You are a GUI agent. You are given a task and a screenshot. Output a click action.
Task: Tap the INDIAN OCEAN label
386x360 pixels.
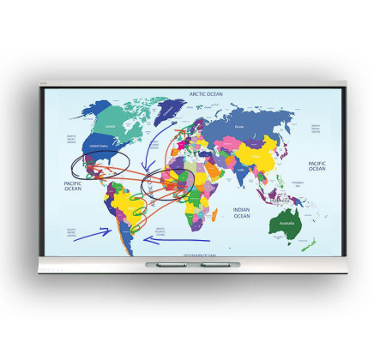(242, 212)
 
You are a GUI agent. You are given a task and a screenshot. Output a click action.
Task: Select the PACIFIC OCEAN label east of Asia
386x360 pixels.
(317, 165)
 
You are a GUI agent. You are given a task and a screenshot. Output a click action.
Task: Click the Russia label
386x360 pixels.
(239, 127)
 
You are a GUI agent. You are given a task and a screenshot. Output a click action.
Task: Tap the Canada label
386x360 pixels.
(109, 128)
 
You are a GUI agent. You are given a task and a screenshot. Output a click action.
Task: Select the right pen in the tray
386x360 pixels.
(214, 264)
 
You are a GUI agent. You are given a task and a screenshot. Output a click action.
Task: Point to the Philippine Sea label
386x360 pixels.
(299, 183)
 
